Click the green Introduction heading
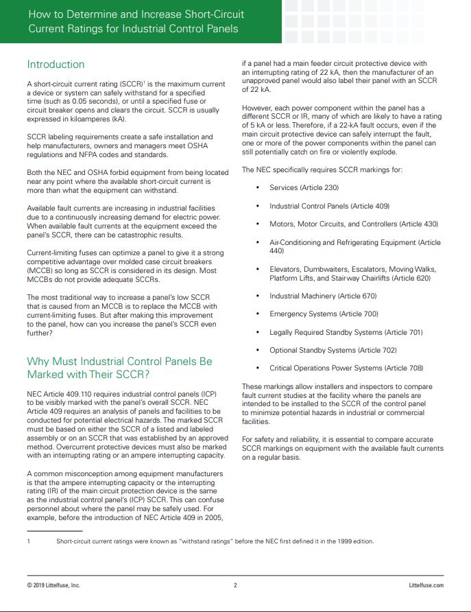coord(56,64)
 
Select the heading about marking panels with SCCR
coord(119,368)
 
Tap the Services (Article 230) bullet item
coord(304,187)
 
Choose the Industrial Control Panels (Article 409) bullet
coord(330,206)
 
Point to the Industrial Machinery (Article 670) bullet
coord(323,296)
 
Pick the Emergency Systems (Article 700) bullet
coord(324,314)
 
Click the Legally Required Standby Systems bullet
coord(346,332)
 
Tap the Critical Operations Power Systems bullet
coord(346,368)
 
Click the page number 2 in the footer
coord(235,585)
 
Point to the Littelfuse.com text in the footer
coord(426,585)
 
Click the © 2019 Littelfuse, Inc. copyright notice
coord(53,585)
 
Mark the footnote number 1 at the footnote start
coord(29,541)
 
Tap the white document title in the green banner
coord(136,22)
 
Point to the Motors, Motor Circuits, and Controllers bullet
coord(354,224)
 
